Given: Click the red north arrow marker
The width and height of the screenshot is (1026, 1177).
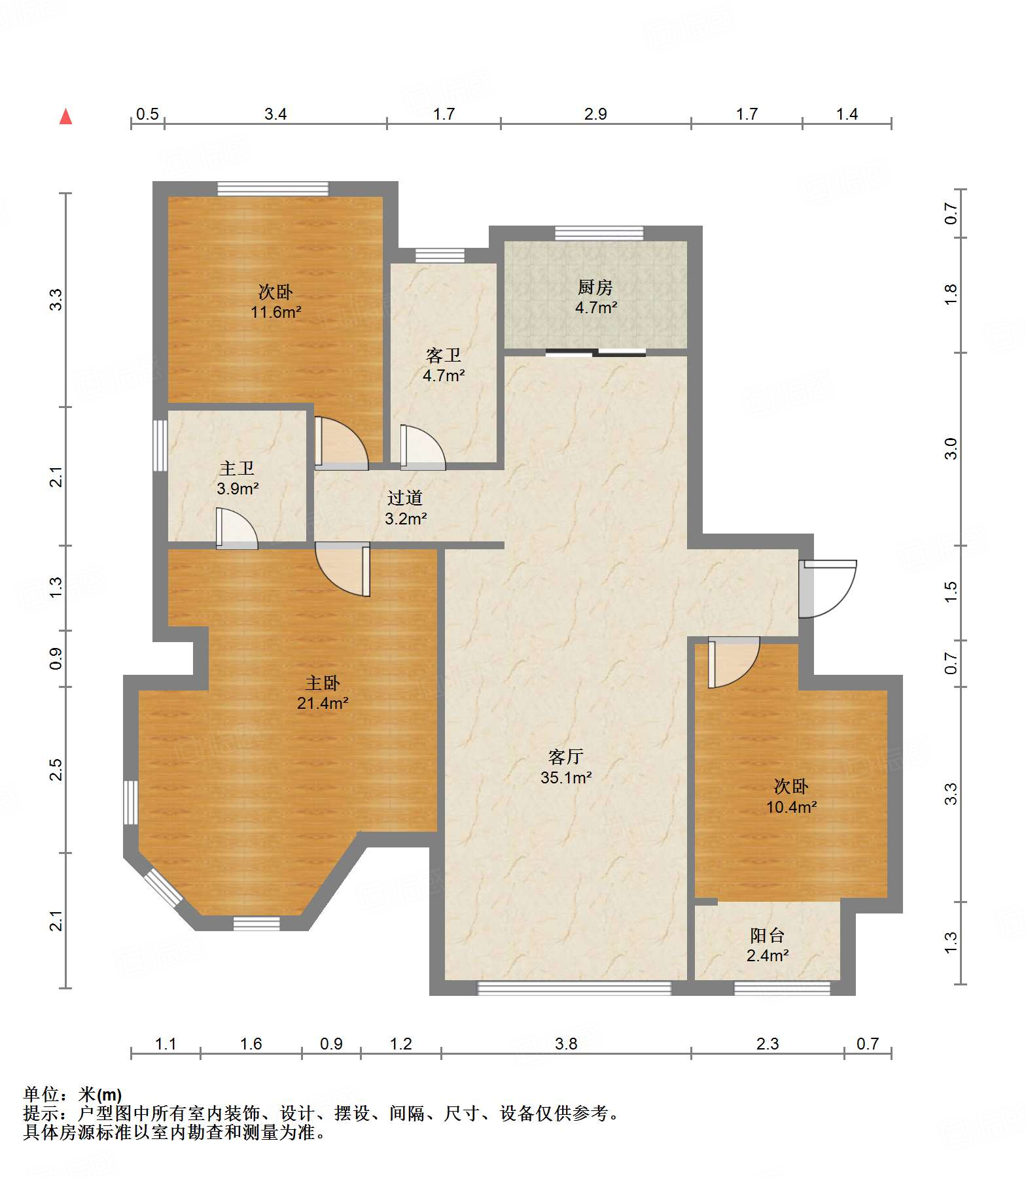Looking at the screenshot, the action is (x=65, y=116).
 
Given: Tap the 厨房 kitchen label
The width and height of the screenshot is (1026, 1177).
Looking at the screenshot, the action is (x=595, y=287).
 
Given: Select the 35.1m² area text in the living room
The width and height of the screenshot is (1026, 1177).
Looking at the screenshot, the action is (x=566, y=777).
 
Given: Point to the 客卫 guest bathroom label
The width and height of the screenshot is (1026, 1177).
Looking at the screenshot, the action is (x=444, y=355).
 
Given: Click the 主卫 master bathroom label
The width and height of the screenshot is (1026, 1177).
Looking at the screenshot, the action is (x=237, y=468).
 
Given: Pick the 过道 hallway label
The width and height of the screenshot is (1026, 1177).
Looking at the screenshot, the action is (x=405, y=498).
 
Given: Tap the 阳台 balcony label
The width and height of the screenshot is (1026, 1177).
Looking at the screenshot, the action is (x=767, y=936).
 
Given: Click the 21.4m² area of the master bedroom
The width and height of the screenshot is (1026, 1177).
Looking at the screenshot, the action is (x=323, y=704).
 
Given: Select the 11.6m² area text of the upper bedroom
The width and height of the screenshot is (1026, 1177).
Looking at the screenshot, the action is (x=276, y=313).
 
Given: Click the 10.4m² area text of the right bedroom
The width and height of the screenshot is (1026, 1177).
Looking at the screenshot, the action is (x=792, y=808).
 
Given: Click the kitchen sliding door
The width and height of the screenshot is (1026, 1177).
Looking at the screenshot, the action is (x=595, y=353).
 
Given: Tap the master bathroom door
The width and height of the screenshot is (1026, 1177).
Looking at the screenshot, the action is (x=237, y=529).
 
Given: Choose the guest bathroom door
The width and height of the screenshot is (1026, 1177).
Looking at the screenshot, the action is (x=423, y=448).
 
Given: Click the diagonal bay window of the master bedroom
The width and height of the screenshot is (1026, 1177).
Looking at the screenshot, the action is (x=162, y=888).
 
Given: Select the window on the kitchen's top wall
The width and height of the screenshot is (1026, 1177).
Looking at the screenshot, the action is (x=599, y=233).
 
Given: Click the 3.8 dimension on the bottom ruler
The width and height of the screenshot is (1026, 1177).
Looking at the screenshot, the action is (x=566, y=1044).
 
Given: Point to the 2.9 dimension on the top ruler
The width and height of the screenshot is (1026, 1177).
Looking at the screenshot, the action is (x=595, y=114).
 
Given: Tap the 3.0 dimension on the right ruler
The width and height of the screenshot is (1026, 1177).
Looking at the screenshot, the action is (x=951, y=449).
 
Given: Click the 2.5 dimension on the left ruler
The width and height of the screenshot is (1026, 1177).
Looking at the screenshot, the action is (x=56, y=769).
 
